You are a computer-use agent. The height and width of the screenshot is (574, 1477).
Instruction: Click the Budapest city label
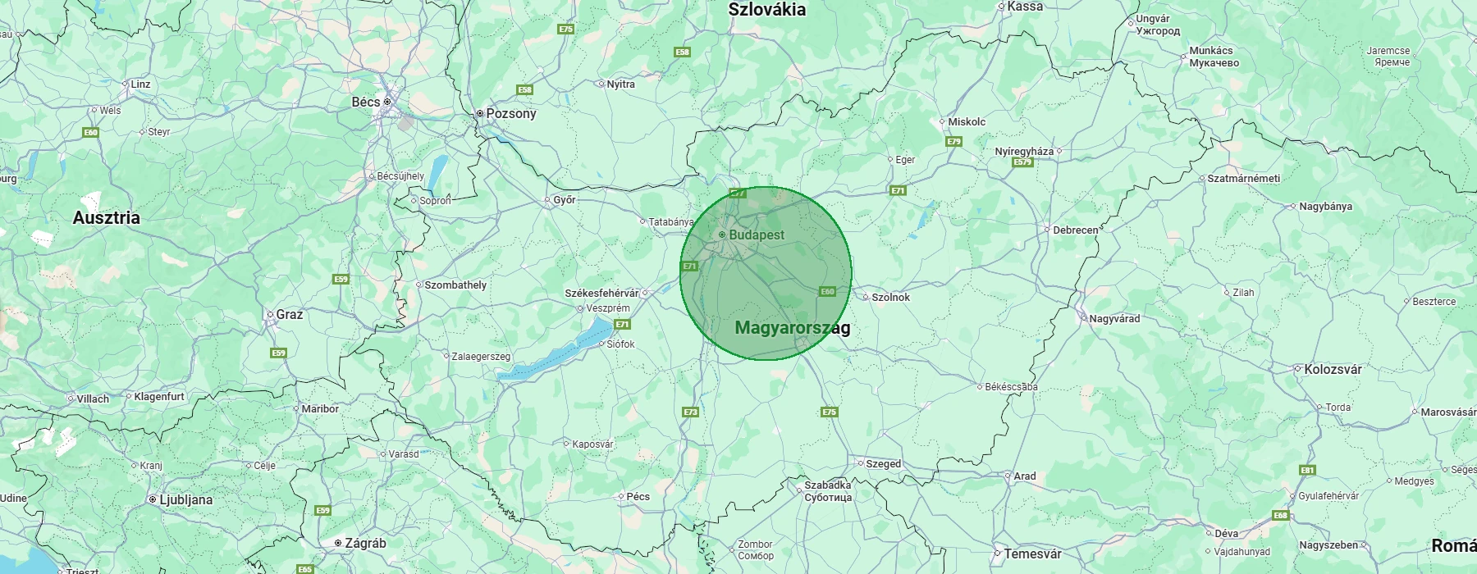756,235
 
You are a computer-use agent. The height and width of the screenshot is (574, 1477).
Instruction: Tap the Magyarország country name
792,328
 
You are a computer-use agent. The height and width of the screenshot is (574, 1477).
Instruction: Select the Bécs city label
366,102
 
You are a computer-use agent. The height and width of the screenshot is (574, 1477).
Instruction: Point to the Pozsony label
510,114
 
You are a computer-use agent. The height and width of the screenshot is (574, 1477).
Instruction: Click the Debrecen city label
1075,230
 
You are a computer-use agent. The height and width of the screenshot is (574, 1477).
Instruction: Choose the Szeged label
883,464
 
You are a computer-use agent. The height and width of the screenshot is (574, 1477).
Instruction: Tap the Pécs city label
638,497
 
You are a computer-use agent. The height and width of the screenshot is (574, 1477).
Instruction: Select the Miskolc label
967,122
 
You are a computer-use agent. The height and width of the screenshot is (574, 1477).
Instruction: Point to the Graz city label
289,315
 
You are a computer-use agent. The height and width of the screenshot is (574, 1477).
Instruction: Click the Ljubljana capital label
185,500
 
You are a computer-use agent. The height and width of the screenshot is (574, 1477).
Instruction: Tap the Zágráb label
365,544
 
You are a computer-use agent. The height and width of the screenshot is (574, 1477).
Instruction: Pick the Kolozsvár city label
1333,370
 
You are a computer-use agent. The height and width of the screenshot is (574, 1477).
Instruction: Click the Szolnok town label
890,298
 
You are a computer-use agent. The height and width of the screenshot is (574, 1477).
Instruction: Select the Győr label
565,200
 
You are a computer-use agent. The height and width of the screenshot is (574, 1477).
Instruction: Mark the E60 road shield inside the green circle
827,291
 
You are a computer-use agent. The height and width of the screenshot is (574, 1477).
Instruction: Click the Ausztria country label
106,218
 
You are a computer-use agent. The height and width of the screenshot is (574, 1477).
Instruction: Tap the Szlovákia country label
766,10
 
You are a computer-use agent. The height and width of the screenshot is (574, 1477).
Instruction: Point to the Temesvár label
1032,554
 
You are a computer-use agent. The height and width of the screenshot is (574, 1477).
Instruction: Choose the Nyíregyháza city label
1024,152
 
